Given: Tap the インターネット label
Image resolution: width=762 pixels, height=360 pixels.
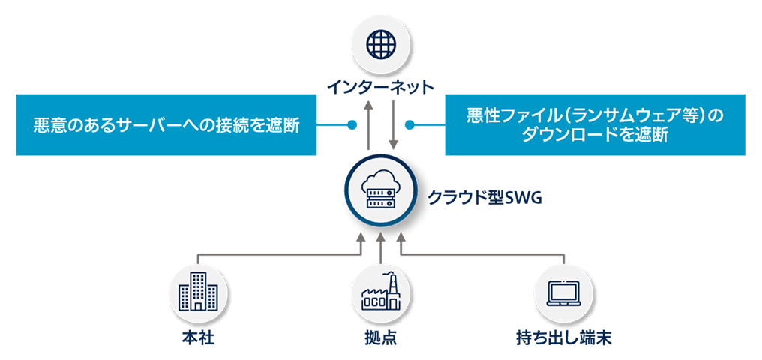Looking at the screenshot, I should [380, 87].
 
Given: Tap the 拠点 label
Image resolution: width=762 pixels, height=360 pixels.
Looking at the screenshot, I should [380, 337].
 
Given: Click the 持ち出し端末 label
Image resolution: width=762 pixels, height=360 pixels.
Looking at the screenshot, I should [564, 337].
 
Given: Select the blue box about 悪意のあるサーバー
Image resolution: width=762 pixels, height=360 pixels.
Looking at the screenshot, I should [166, 125].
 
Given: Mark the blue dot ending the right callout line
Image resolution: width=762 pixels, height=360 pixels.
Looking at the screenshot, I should [410, 124].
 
